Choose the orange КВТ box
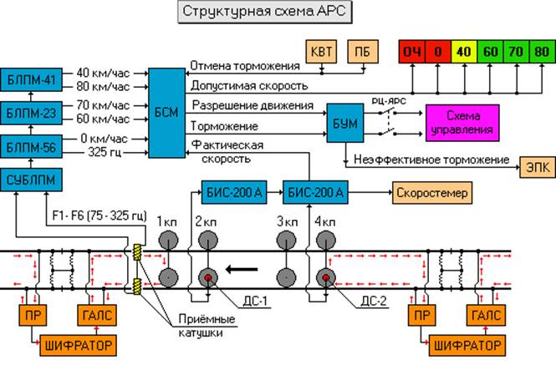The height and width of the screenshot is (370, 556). coord(319,53)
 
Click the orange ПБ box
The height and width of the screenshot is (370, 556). coord(362,53)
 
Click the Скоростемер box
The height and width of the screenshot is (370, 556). coord(429,193)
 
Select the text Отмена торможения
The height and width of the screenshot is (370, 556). coord(244,65)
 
